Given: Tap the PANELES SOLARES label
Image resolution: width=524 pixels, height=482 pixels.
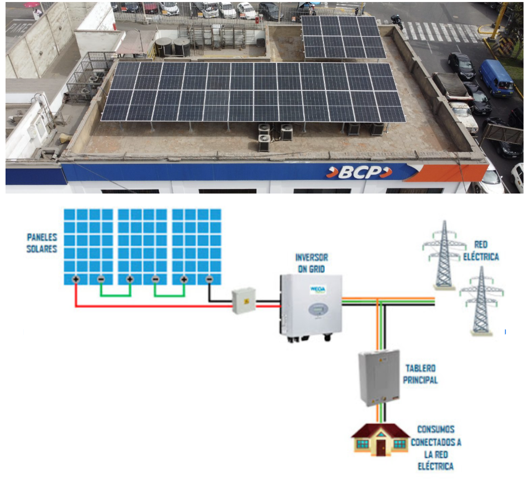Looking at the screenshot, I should click(x=42, y=243).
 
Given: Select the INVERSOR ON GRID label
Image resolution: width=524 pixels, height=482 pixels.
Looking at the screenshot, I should click(x=312, y=263).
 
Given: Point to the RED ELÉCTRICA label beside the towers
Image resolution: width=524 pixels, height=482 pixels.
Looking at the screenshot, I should click(x=486, y=251).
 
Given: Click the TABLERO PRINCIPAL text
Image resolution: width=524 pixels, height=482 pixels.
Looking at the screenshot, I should click(x=420, y=373).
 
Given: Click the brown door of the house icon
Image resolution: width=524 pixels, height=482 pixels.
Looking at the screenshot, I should click(x=381, y=447).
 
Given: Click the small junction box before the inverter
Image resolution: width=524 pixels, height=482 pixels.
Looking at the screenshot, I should click(x=244, y=302).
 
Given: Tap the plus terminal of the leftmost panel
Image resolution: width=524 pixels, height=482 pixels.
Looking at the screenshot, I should click(x=75, y=279).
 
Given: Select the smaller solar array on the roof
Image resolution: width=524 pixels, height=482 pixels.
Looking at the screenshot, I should click(x=343, y=36).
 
